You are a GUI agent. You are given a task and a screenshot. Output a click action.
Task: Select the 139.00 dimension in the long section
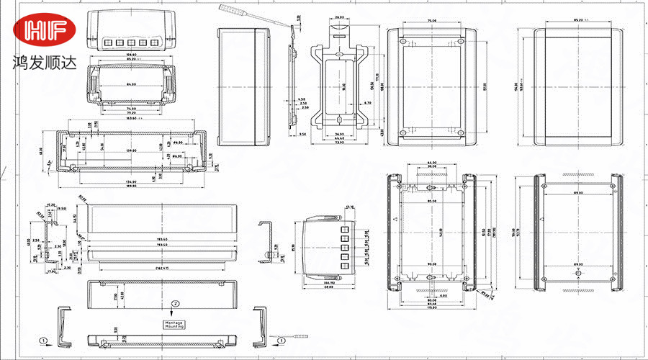click(131, 150)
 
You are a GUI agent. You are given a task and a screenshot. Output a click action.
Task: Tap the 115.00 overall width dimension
click(431, 308)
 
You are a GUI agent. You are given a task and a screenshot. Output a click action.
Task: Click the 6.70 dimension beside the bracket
click(367, 104)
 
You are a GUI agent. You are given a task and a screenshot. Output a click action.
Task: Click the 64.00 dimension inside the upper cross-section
click(131, 85)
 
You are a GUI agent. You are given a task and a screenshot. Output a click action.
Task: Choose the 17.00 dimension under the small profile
click(52, 271)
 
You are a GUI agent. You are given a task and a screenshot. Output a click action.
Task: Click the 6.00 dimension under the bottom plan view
click(444, 296)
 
